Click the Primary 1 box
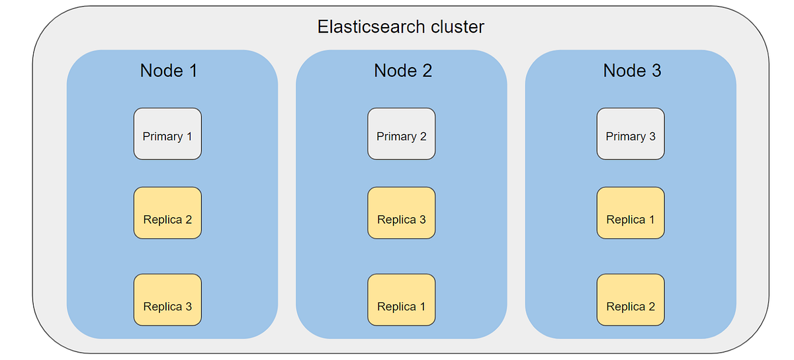167,134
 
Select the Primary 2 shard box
401,134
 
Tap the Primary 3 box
631,134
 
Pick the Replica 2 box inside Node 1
167,213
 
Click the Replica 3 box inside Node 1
167,300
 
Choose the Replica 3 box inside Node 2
401,213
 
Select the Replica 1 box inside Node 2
401,300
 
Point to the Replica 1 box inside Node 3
631,213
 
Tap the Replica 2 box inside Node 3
631,300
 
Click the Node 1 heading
169,71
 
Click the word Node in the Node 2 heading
394,71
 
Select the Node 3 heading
632,71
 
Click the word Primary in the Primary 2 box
396,136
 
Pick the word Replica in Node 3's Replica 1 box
625,220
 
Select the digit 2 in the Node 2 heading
427,71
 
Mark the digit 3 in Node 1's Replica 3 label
189,306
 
